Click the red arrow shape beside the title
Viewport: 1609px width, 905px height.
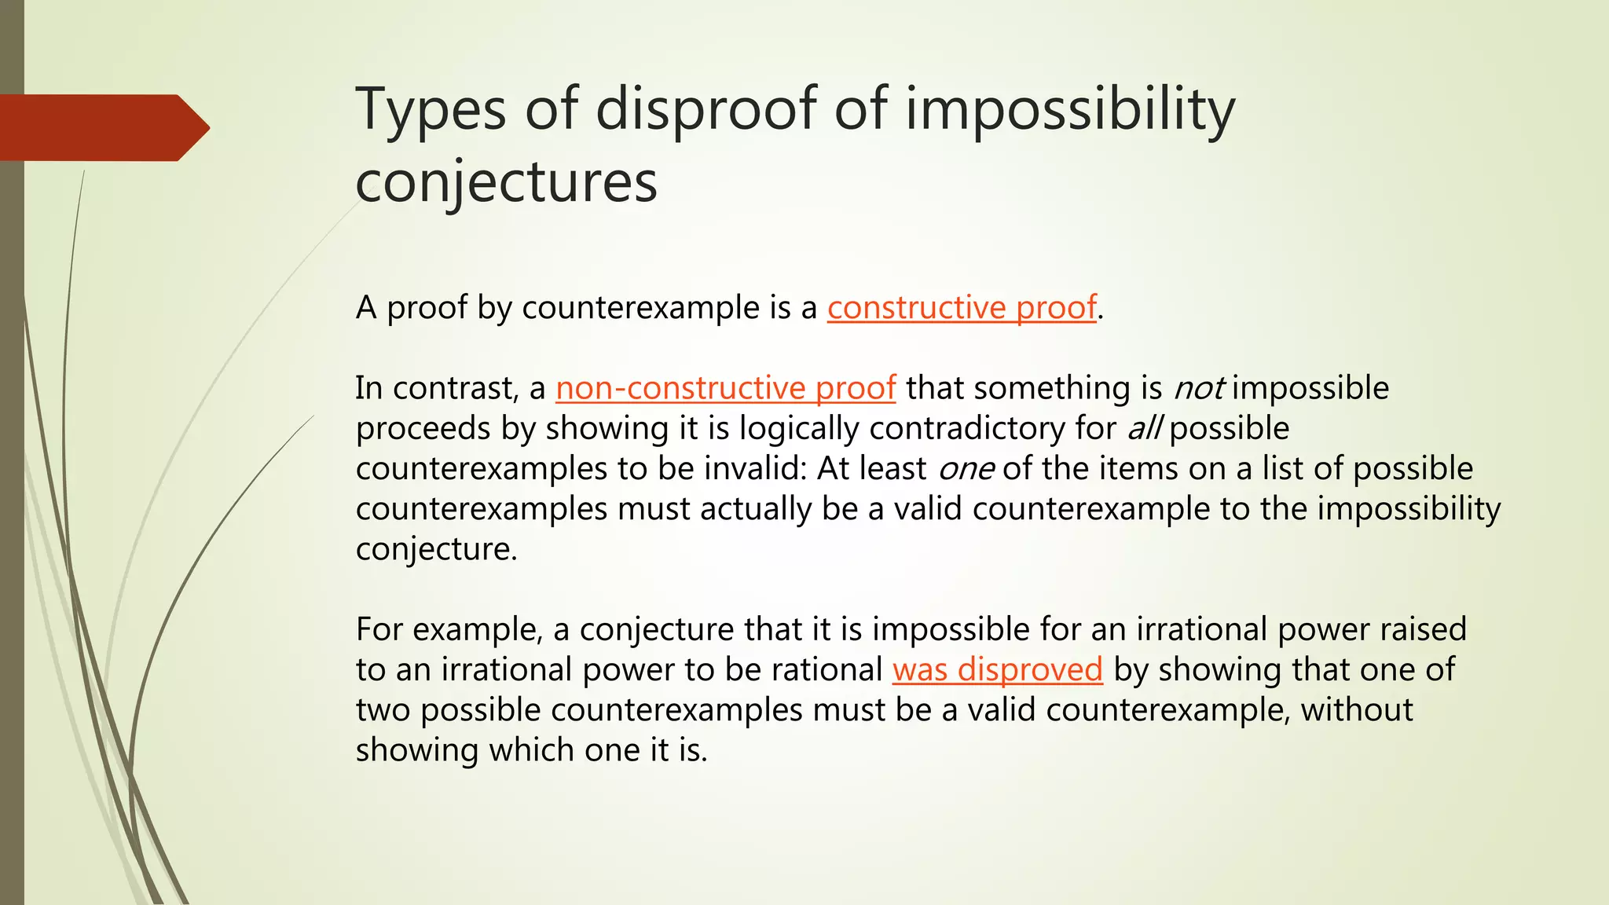[x=102, y=127]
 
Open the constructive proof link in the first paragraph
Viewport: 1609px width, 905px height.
[x=962, y=307]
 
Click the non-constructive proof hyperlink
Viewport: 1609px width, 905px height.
[x=725, y=388]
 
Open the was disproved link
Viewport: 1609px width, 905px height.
[x=997, y=669]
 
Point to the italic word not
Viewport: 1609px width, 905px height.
[x=1198, y=388]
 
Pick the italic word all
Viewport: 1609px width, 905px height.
[x=1144, y=429]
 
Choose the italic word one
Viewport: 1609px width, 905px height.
[x=966, y=469]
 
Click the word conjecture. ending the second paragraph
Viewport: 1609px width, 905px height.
[x=436, y=549]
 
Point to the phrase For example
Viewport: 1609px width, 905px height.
[x=449, y=629]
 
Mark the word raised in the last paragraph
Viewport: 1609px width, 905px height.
[x=1421, y=629]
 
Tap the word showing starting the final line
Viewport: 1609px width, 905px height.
[x=416, y=750]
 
